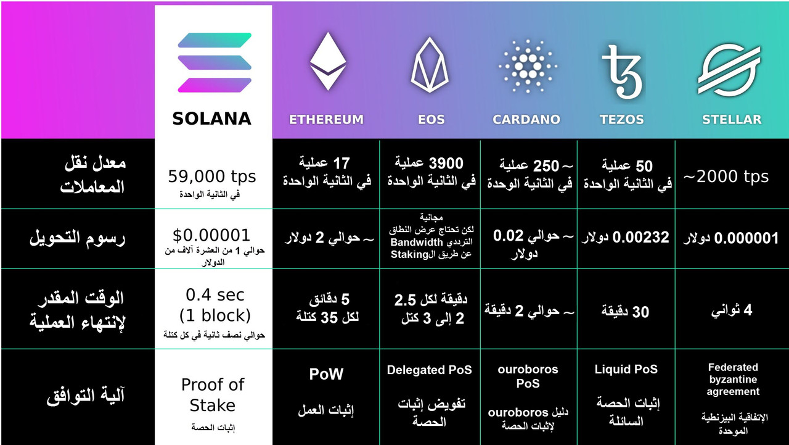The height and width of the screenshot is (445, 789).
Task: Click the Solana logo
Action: (x=215, y=62)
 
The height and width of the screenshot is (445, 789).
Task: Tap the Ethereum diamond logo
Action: (x=328, y=61)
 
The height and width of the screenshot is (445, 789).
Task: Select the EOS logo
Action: (x=430, y=65)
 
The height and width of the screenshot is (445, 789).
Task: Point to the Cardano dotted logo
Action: (x=528, y=66)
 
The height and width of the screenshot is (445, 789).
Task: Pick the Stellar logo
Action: (x=729, y=69)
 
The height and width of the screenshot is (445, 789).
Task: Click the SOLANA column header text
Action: (x=211, y=119)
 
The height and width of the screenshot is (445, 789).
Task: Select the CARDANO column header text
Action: (x=526, y=120)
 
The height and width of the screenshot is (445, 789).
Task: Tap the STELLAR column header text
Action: (x=732, y=120)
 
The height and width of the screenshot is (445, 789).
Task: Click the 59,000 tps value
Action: (x=211, y=177)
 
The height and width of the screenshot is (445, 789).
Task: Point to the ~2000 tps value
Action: (x=726, y=177)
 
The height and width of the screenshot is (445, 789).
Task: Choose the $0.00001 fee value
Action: (x=211, y=235)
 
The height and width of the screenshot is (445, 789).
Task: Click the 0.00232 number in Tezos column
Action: (x=640, y=237)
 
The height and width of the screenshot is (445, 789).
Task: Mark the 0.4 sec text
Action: (x=215, y=295)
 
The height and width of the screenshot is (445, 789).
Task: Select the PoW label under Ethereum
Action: (x=326, y=374)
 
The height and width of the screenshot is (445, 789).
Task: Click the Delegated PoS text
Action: (x=430, y=370)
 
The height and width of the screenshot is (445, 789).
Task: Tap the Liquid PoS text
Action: (x=626, y=369)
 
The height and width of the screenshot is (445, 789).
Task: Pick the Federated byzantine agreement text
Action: (x=733, y=380)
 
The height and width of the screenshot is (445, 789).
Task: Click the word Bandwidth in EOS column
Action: (x=417, y=242)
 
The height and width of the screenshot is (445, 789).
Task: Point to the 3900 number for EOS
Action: (x=446, y=164)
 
